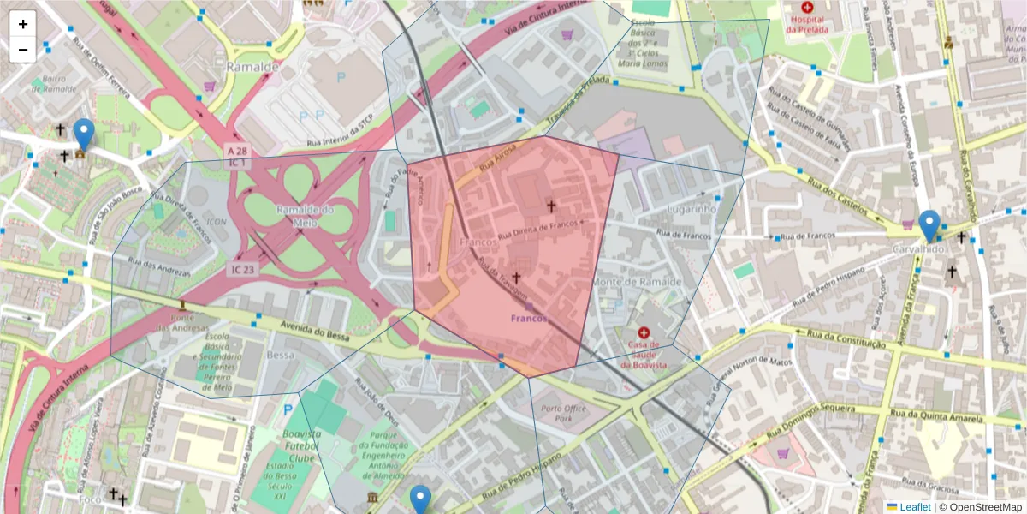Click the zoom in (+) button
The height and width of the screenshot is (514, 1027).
pos(23,24)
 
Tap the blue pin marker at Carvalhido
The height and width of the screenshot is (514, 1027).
pos(929,227)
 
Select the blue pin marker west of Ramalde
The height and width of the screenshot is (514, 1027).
pos(83,135)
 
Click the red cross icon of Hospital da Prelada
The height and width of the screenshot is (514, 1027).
pos(807,7)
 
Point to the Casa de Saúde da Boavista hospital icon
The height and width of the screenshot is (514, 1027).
pos(644,332)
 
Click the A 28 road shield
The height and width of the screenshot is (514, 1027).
pos(237,151)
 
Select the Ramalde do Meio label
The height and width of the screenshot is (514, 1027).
pos(305,216)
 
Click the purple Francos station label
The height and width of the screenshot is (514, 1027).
pos(529,319)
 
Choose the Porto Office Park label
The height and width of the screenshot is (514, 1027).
pos(564,414)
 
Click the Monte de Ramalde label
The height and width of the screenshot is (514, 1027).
pos(637,282)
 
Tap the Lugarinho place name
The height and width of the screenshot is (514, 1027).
pos(690,208)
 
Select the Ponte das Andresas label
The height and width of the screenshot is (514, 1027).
pos(182,321)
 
